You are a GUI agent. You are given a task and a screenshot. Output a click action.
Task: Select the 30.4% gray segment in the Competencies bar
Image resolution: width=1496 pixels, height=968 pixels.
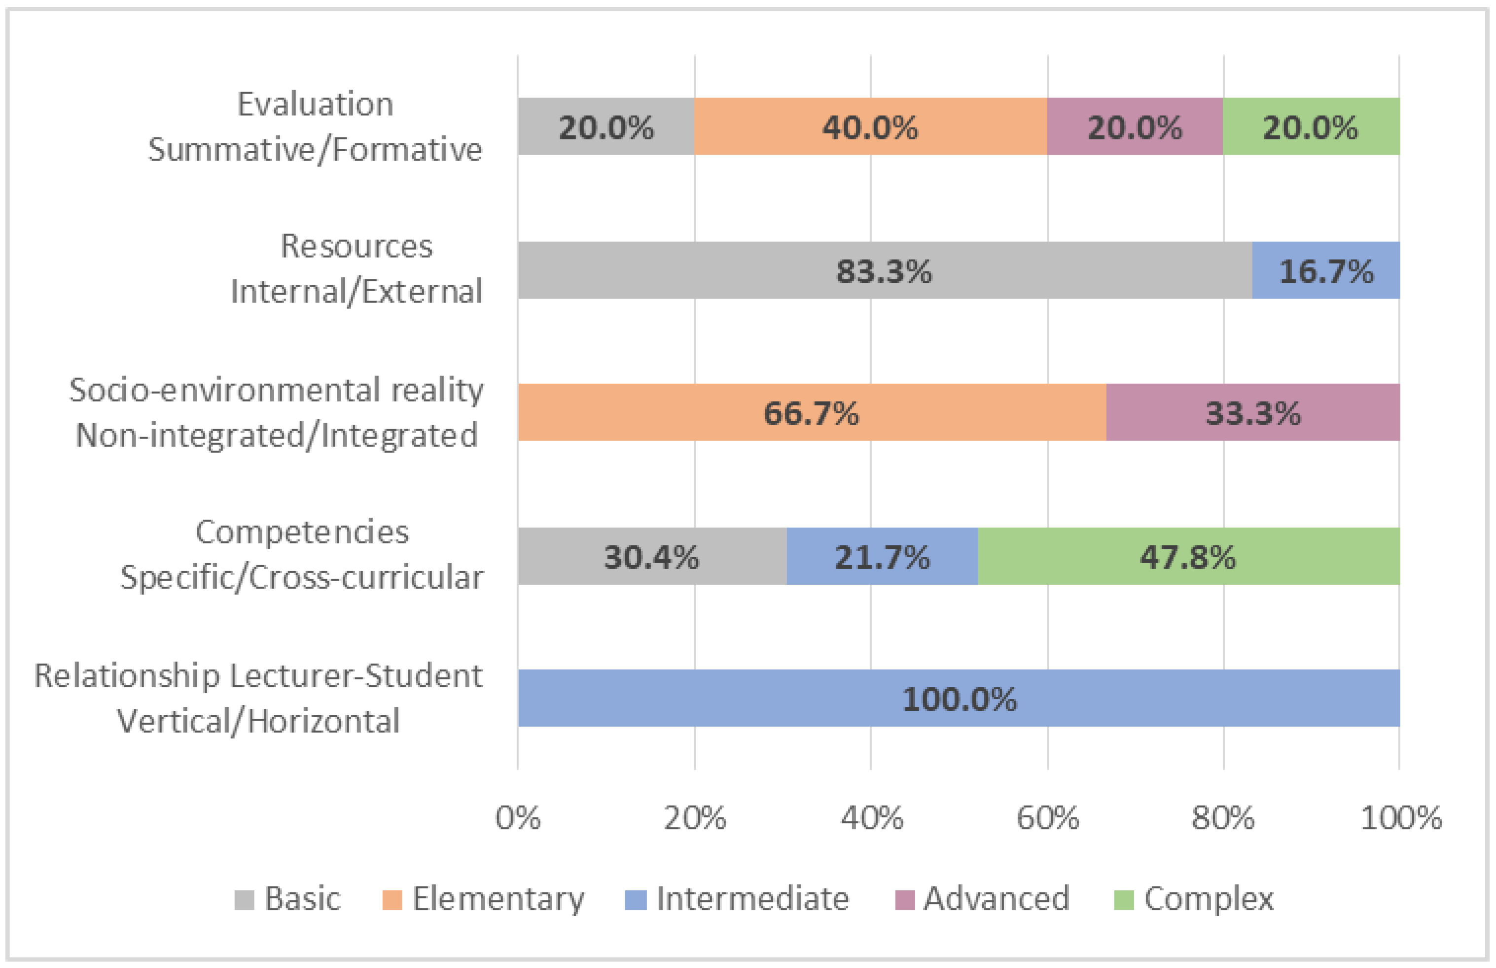[652, 557]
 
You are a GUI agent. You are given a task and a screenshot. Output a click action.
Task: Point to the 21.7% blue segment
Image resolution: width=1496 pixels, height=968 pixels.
[882, 557]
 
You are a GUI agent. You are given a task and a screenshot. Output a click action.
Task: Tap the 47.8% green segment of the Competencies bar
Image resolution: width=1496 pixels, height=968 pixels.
[1188, 557]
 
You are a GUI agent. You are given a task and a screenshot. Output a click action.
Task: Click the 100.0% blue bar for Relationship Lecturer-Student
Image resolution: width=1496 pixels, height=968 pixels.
[959, 699]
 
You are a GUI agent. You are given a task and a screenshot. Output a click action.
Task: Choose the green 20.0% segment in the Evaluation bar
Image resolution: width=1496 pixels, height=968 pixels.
[1311, 126]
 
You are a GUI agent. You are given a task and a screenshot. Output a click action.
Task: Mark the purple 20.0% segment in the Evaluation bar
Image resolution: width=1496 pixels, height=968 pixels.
[1135, 126]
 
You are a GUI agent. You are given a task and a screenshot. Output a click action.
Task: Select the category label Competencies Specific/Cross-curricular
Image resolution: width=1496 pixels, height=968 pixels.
[302, 555]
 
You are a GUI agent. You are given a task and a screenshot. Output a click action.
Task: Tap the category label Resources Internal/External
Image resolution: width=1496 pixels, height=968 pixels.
[356, 269]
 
